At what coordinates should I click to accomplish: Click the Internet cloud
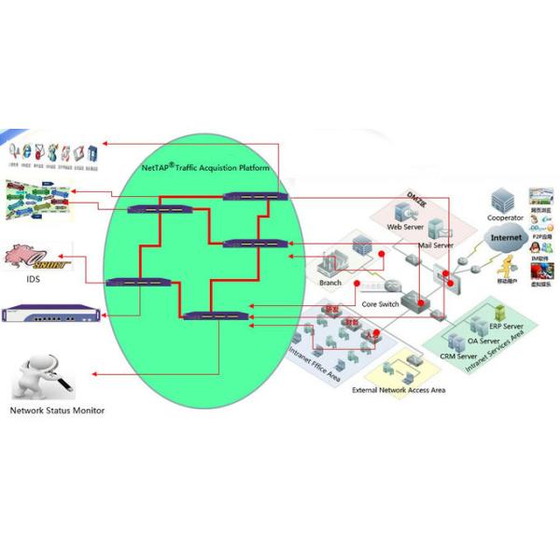[x=507, y=239]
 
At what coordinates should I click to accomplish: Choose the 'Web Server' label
[x=406, y=228]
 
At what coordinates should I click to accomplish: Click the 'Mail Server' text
[x=435, y=245]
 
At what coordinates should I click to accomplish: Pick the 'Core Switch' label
[x=380, y=305]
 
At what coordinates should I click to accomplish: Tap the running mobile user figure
[x=509, y=264]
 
